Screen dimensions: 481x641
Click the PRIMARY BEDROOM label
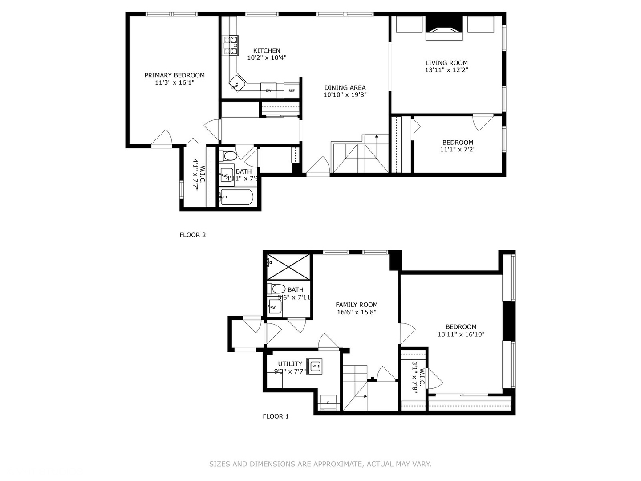point(174,75)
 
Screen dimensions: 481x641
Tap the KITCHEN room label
point(267,50)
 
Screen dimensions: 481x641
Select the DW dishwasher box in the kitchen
point(268,90)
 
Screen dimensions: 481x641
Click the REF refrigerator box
point(292,90)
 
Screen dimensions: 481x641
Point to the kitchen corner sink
point(237,83)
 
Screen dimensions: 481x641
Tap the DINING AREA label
point(345,87)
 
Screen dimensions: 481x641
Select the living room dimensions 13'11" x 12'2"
point(446,70)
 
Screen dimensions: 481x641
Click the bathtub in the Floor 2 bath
point(236,197)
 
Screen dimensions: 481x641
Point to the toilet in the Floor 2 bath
point(229,156)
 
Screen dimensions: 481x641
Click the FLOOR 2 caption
point(193,235)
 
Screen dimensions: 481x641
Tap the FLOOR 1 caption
point(276,416)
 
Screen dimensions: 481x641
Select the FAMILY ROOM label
point(357,305)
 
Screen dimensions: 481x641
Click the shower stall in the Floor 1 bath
point(288,266)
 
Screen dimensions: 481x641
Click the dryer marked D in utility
point(329,402)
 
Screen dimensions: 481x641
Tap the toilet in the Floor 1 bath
point(277,289)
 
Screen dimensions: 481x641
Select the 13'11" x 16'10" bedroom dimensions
point(461,334)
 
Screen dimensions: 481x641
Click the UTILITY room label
point(290,363)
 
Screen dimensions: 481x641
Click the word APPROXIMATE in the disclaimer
point(337,464)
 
